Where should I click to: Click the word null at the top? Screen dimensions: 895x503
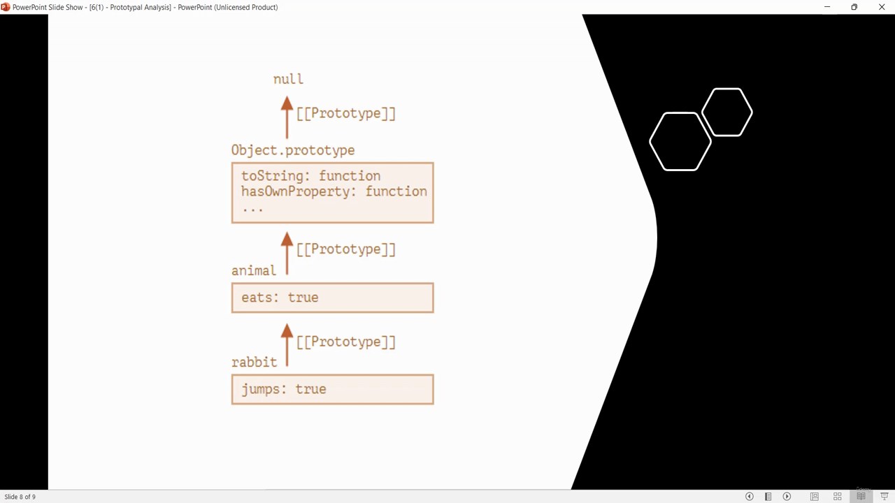[288, 79]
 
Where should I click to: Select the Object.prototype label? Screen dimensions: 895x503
[293, 150]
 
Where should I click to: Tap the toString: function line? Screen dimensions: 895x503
[311, 176]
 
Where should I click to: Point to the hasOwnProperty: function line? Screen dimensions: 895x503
[334, 191]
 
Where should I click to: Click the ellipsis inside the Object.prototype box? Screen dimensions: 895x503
[252, 209]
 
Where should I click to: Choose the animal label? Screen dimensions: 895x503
[254, 270]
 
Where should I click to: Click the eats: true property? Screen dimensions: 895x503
[280, 298]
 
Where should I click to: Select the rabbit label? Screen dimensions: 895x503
[254, 362]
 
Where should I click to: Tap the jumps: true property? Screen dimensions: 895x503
[284, 389]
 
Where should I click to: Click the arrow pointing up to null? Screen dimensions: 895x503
[287, 117]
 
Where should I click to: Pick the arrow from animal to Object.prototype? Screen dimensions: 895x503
[287, 253]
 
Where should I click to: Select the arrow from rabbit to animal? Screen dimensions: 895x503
[287, 344]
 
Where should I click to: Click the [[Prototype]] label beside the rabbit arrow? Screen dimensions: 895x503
[346, 342]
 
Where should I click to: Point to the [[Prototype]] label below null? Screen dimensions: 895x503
[346, 113]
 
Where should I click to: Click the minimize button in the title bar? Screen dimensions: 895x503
[827, 7]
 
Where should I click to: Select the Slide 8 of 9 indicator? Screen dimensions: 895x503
[20, 497]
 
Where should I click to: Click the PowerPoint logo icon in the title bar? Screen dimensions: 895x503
[5, 7]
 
